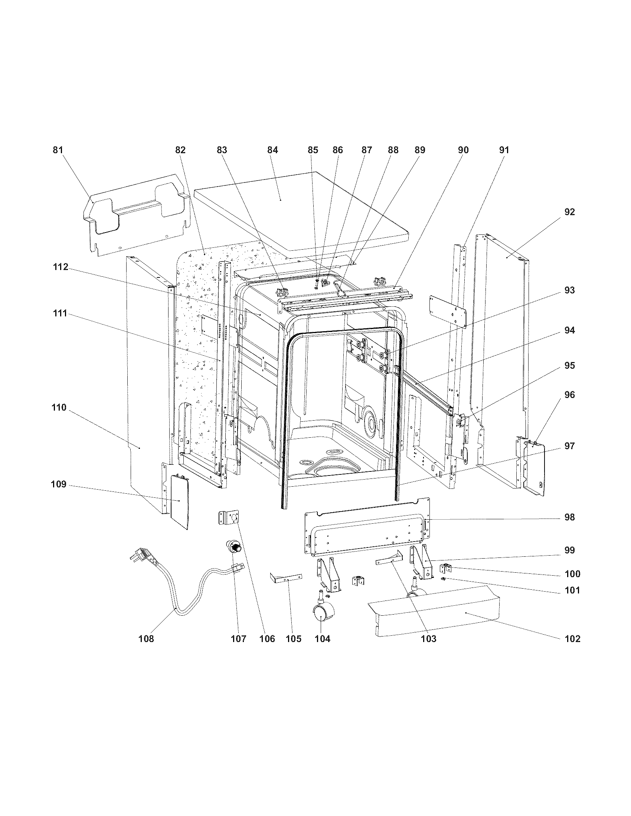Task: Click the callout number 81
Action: click(58, 150)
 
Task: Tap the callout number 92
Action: click(569, 212)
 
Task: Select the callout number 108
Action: click(146, 639)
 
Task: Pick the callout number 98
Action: click(569, 517)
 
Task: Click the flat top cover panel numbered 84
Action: click(299, 209)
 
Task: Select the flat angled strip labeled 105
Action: click(285, 578)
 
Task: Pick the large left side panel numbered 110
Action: click(150, 374)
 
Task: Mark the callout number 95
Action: click(569, 365)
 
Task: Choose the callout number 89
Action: click(419, 150)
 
